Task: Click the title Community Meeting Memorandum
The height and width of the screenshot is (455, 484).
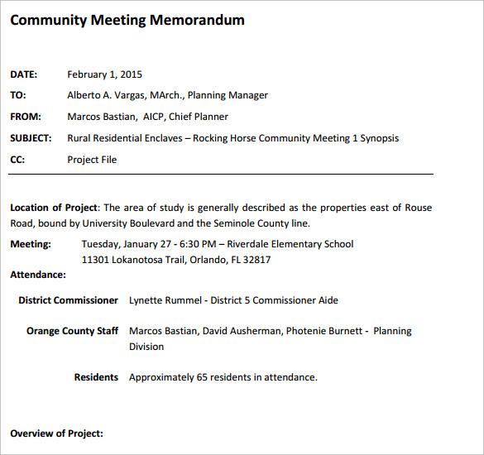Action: (127, 20)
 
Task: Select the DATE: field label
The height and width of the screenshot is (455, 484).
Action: (24, 74)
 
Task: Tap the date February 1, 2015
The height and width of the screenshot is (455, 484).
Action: (104, 74)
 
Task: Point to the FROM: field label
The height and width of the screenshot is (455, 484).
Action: (26, 117)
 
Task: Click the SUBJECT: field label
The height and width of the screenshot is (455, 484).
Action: (31, 138)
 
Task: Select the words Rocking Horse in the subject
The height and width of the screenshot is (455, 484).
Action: (224, 138)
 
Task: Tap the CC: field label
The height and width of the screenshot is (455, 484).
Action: (17, 160)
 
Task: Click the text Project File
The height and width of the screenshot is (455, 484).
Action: (92, 160)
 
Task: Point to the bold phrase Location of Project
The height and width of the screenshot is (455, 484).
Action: (54, 208)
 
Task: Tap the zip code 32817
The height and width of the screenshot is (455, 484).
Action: (256, 260)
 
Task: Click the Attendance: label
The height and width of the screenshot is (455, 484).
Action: (38, 274)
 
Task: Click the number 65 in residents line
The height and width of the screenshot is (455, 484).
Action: (203, 377)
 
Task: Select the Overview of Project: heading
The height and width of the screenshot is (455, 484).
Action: (56, 433)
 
